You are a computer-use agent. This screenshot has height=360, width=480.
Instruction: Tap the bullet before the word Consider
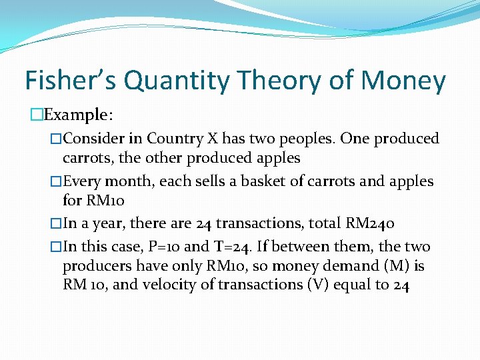[x=56, y=139]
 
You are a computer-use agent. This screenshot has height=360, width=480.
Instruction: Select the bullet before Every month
[x=56, y=181]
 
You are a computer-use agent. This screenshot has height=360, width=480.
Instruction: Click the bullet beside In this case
[x=56, y=247]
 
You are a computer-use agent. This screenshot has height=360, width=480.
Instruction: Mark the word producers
[x=94, y=266]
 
